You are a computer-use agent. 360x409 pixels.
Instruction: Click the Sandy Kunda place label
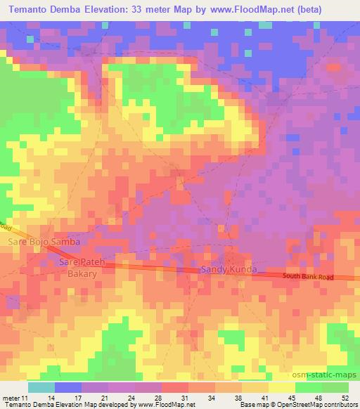(224, 270)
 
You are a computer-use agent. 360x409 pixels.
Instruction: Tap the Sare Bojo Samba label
(44, 242)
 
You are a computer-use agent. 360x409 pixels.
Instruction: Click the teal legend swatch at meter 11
(41, 387)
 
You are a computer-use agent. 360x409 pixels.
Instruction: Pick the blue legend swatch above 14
(67, 387)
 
